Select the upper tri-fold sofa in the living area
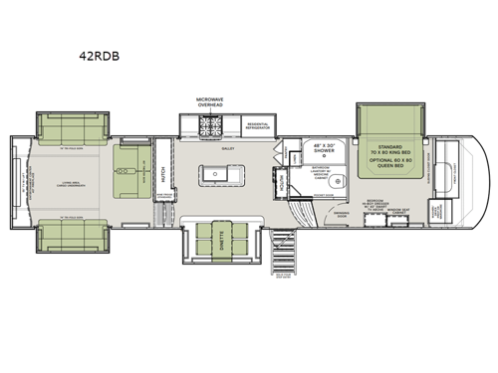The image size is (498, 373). click(x=67, y=127)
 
